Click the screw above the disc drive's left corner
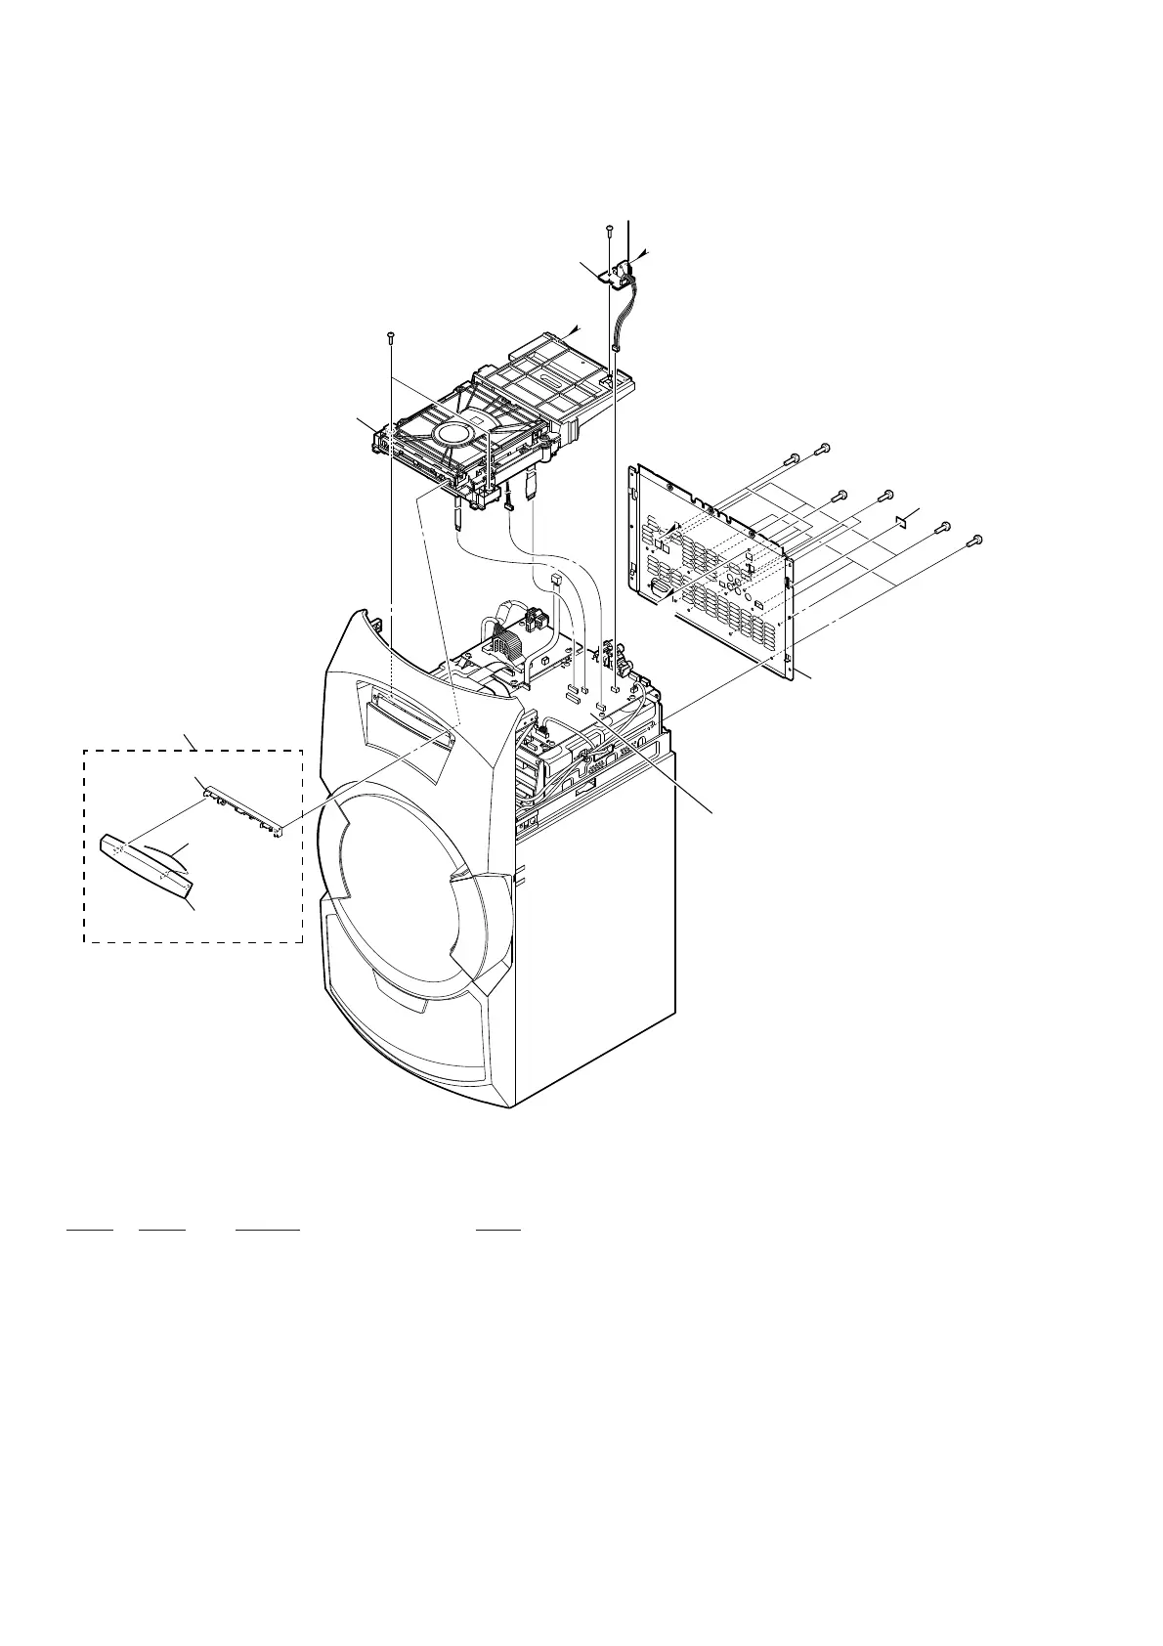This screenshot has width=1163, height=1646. tap(390, 336)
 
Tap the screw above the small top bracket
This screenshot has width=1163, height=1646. tap(609, 229)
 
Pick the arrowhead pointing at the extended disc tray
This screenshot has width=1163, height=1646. tap(575, 329)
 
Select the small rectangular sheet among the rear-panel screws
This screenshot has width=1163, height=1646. tap(902, 520)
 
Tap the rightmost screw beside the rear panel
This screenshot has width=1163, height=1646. tap(974, 540)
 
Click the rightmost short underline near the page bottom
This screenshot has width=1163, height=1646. tap(497, 1229)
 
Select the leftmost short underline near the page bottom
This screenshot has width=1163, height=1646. tap(90, 1229)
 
